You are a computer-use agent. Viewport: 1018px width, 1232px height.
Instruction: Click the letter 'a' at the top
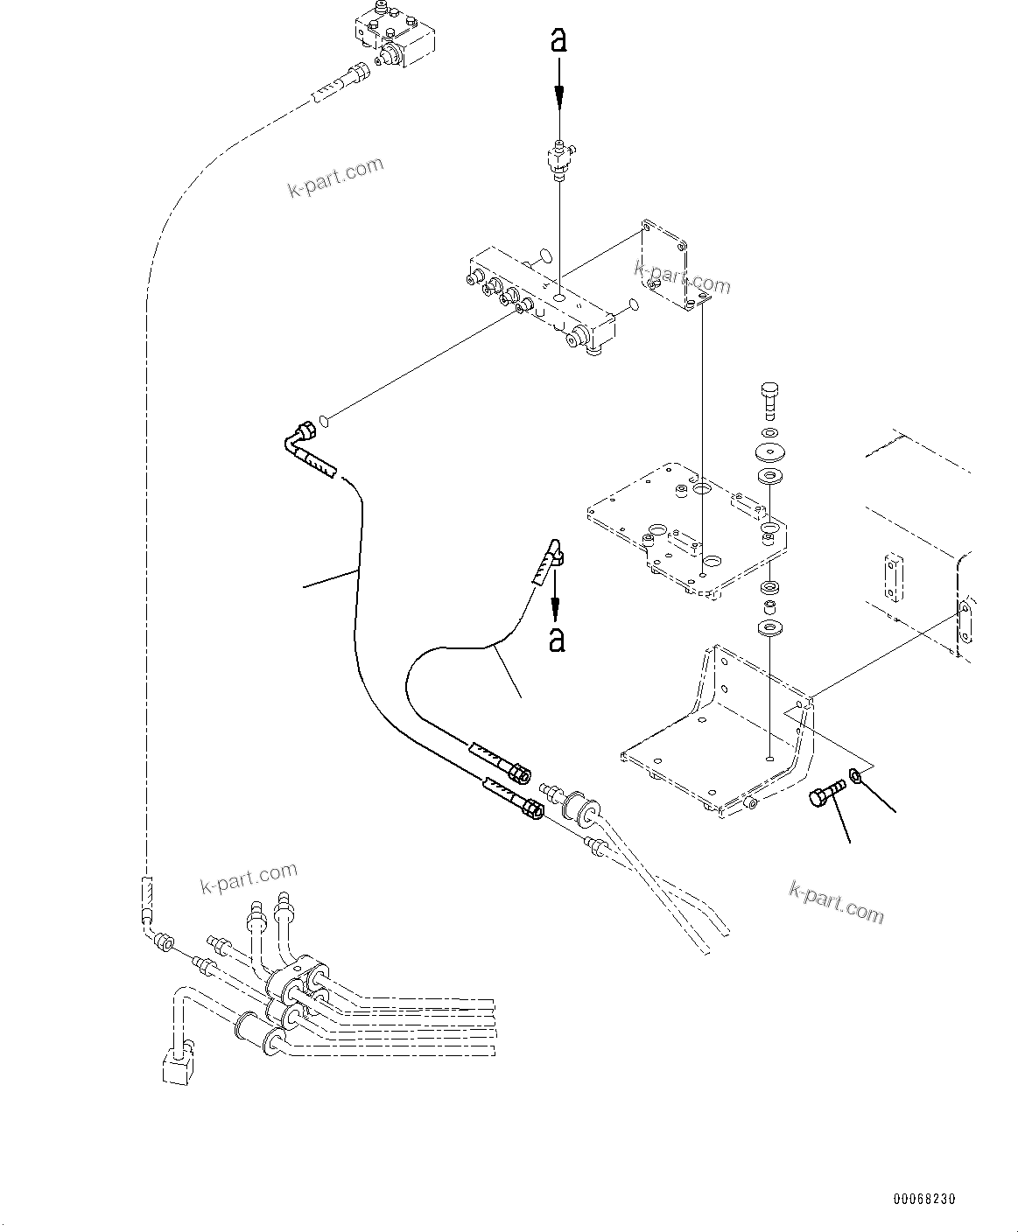558,40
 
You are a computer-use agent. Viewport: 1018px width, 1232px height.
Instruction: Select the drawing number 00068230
924,1198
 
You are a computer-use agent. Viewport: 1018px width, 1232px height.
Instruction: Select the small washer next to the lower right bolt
857,773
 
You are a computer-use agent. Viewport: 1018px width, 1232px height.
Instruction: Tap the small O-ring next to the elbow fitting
325,422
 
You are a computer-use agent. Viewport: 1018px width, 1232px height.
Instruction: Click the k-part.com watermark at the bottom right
836,901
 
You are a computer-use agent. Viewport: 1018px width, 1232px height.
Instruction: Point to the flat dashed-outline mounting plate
687,529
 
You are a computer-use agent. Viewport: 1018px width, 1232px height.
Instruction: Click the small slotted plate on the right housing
891,577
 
